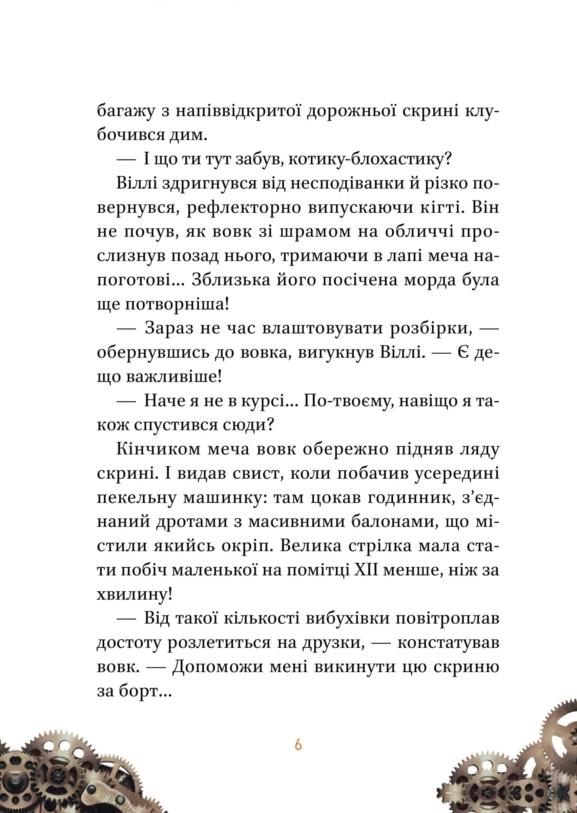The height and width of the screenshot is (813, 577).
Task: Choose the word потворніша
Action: point(177,305)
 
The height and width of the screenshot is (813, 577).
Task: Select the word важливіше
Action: point(174,377)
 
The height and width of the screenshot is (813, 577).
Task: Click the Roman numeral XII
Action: point(366,570)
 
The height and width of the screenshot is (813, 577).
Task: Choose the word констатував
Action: point(448,643)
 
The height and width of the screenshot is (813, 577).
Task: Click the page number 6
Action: point(298,745)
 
